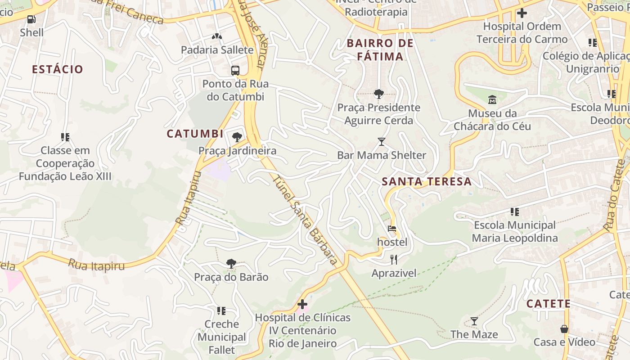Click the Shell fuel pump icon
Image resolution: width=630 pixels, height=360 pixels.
click(31, 19)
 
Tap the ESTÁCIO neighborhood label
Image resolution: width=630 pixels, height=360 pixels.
click(58, 69)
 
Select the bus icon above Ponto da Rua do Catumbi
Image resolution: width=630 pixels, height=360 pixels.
click(235, 71)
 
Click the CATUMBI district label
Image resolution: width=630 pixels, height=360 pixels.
click(195, 134)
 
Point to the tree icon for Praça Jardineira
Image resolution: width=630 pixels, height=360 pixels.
click(237, 137)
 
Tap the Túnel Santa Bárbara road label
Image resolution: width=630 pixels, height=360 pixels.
click(305, 220)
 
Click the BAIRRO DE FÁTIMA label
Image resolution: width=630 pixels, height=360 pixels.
click(380, 50)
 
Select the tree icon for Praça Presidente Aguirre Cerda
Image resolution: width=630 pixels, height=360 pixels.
click(379, 94)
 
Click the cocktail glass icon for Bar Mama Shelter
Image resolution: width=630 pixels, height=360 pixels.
click(382, 142)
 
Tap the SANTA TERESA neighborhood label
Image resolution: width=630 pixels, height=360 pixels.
click(427, 182)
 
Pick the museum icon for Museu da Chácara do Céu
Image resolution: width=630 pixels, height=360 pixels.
click(492, 99)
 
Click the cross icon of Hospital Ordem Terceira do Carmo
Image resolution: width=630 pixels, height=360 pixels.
click(522, 13)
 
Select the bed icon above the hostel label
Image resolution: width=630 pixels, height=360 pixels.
click(392, 229)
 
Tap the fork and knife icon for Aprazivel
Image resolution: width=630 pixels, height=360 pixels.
click(394, 259)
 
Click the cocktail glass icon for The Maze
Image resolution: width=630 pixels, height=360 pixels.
click(474, 321)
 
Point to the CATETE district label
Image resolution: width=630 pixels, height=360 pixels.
click(548, 304)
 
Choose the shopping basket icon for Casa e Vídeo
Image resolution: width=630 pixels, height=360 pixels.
click(564, 329)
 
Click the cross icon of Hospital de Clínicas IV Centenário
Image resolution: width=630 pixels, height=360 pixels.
click(302, 304)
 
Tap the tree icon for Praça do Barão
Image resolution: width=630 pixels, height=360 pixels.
click(231, 263)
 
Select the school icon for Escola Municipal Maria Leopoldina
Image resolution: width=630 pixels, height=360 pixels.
click(515, 211)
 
